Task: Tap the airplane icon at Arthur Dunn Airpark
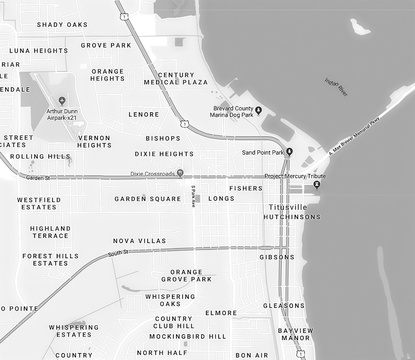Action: [63, 100]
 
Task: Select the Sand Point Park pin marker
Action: [289, 152]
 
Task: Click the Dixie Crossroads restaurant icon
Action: [180, 173]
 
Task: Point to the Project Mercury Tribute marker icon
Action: [316, 185]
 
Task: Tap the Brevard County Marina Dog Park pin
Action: [258, 110]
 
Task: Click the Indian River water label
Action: [336, 87]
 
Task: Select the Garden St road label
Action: [38, 178]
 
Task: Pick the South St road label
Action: [118, 253]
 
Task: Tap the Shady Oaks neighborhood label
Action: [62, 25]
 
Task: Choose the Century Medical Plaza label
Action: [176, 78]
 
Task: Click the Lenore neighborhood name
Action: [144, 114]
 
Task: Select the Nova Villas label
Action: [140, 241]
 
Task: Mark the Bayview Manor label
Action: [296, 334]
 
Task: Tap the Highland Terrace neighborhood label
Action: [50, 232]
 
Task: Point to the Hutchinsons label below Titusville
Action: [292, 217]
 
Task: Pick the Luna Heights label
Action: [39, 51]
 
